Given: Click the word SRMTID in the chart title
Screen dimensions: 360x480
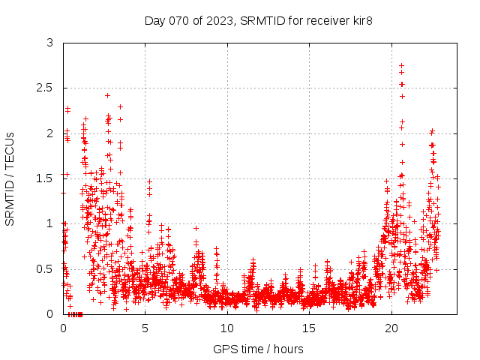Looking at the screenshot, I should coord(262,21).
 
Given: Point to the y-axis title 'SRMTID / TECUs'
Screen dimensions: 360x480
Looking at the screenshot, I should coord(10,178).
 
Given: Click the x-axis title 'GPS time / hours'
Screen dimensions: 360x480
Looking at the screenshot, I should coord(258,349).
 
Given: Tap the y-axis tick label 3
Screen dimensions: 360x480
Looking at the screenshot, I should coord(50,43).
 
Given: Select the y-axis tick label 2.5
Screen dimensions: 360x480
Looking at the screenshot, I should coord(46,88).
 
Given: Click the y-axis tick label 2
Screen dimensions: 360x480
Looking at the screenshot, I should coord(50,133).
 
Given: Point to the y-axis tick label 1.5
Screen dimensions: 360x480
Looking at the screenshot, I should coord(46,178).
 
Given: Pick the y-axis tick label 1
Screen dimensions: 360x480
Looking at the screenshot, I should coord(50,223).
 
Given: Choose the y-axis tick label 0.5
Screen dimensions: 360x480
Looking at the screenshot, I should coord(46,268).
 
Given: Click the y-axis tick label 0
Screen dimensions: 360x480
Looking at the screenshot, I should coord(50,313).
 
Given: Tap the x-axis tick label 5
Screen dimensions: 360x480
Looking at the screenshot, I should coord(145,328).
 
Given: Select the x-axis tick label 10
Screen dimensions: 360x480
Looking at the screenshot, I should coord(227,328).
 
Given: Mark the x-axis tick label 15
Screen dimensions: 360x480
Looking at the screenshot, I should coord(309,328).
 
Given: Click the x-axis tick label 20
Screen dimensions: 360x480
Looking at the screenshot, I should coord(391,328).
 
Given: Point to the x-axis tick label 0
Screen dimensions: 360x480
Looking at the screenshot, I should coord(64,328).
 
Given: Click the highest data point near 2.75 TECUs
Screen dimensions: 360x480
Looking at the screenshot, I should coord(401,66).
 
